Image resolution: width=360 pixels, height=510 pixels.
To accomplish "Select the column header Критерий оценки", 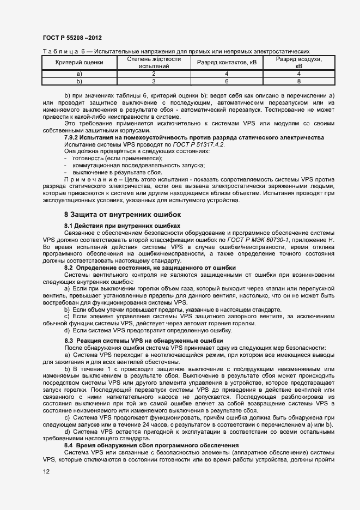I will click(x=80, y=62).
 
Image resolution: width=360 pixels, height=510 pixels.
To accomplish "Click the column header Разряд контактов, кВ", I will click(x=227, y=62).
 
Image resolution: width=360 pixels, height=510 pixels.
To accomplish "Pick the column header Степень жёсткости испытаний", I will click(x=154, y=62).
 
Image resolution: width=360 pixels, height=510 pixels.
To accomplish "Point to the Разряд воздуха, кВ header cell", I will click(x=298, y=62).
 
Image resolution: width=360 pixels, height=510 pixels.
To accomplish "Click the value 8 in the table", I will click(x=298, y=81).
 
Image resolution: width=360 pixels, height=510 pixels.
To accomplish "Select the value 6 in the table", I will click(x=227, y=81).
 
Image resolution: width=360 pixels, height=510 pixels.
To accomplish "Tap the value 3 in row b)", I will click(x=154, y=81).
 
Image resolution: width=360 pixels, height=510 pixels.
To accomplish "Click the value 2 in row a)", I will click(x=154, y=74).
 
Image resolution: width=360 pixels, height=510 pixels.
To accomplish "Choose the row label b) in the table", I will click(x=80, y=81).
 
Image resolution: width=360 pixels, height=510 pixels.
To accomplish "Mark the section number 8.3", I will click(x=70, y=341).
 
